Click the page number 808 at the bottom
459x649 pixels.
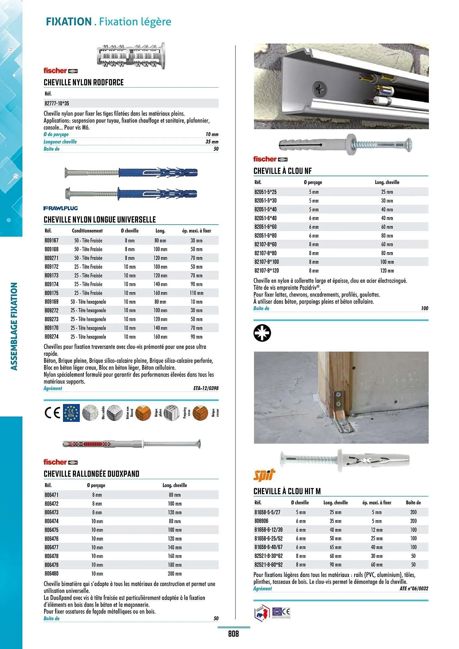pyautogui.click(x=233, y=633)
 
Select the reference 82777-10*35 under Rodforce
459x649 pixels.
pyautogui.click(x=57, y=104)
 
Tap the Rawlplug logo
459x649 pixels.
pyautogui.click(x=61, y=208)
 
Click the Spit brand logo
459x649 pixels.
pyautogui.click(x=264, y=475)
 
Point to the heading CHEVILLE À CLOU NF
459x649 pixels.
pyautogui.click(x=282, y=171)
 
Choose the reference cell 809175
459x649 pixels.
pyautogui.click(x=52, y=293)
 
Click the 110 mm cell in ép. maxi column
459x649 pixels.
pyautogui.click(x=196, y=293)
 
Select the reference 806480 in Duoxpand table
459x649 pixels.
pyautogui.click(x=52, y=574)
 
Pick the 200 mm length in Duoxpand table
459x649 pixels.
pyautogui.click(x=175, y=574)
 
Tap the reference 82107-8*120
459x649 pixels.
pyautogui.click(x=267, y=271)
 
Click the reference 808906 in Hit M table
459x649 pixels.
pyautogui.click(x=261, y=521)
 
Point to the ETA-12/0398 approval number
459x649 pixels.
pyautogui.click(x=206, y=388)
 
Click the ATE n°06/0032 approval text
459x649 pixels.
pyautogui.click(x=414, y=589)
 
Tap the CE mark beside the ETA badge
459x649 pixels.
pyautogui.click(x=52, y=413)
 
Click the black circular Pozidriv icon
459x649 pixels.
pyautogui.click(x=262, y=333)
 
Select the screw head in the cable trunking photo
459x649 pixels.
pyautogui.click(x=320, y=89)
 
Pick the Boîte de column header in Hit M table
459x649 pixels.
pyautogui.click(x=413, y=503)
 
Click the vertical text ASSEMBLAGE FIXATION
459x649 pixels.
pyautogui.click(x=14, y=326)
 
